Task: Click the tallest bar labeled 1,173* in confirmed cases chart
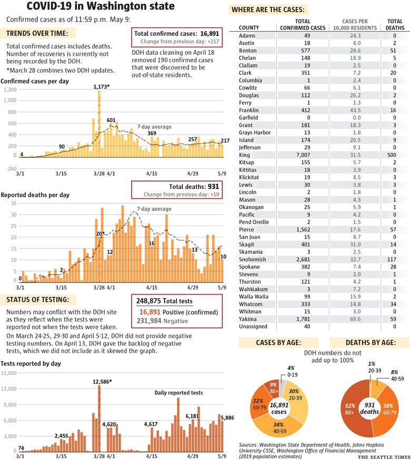point(99,124)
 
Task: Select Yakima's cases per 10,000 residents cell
point(355,319)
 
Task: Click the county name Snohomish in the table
point(252,259)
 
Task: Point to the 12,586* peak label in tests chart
point(102,382)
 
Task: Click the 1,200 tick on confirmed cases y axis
point(11,90)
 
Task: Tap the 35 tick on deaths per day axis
point(14,203)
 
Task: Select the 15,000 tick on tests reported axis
point(9,373)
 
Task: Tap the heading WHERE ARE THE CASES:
point(268,9)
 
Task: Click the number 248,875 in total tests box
point(149,301)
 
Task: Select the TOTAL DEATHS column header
point(395,24)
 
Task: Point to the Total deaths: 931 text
point(194,187)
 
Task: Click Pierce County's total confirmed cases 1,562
point(303,229)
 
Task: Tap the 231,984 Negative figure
point(162,321)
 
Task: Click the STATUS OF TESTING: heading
point(38,299)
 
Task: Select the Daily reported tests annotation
point(179,393)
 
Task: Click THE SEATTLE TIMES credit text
point(384,457)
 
